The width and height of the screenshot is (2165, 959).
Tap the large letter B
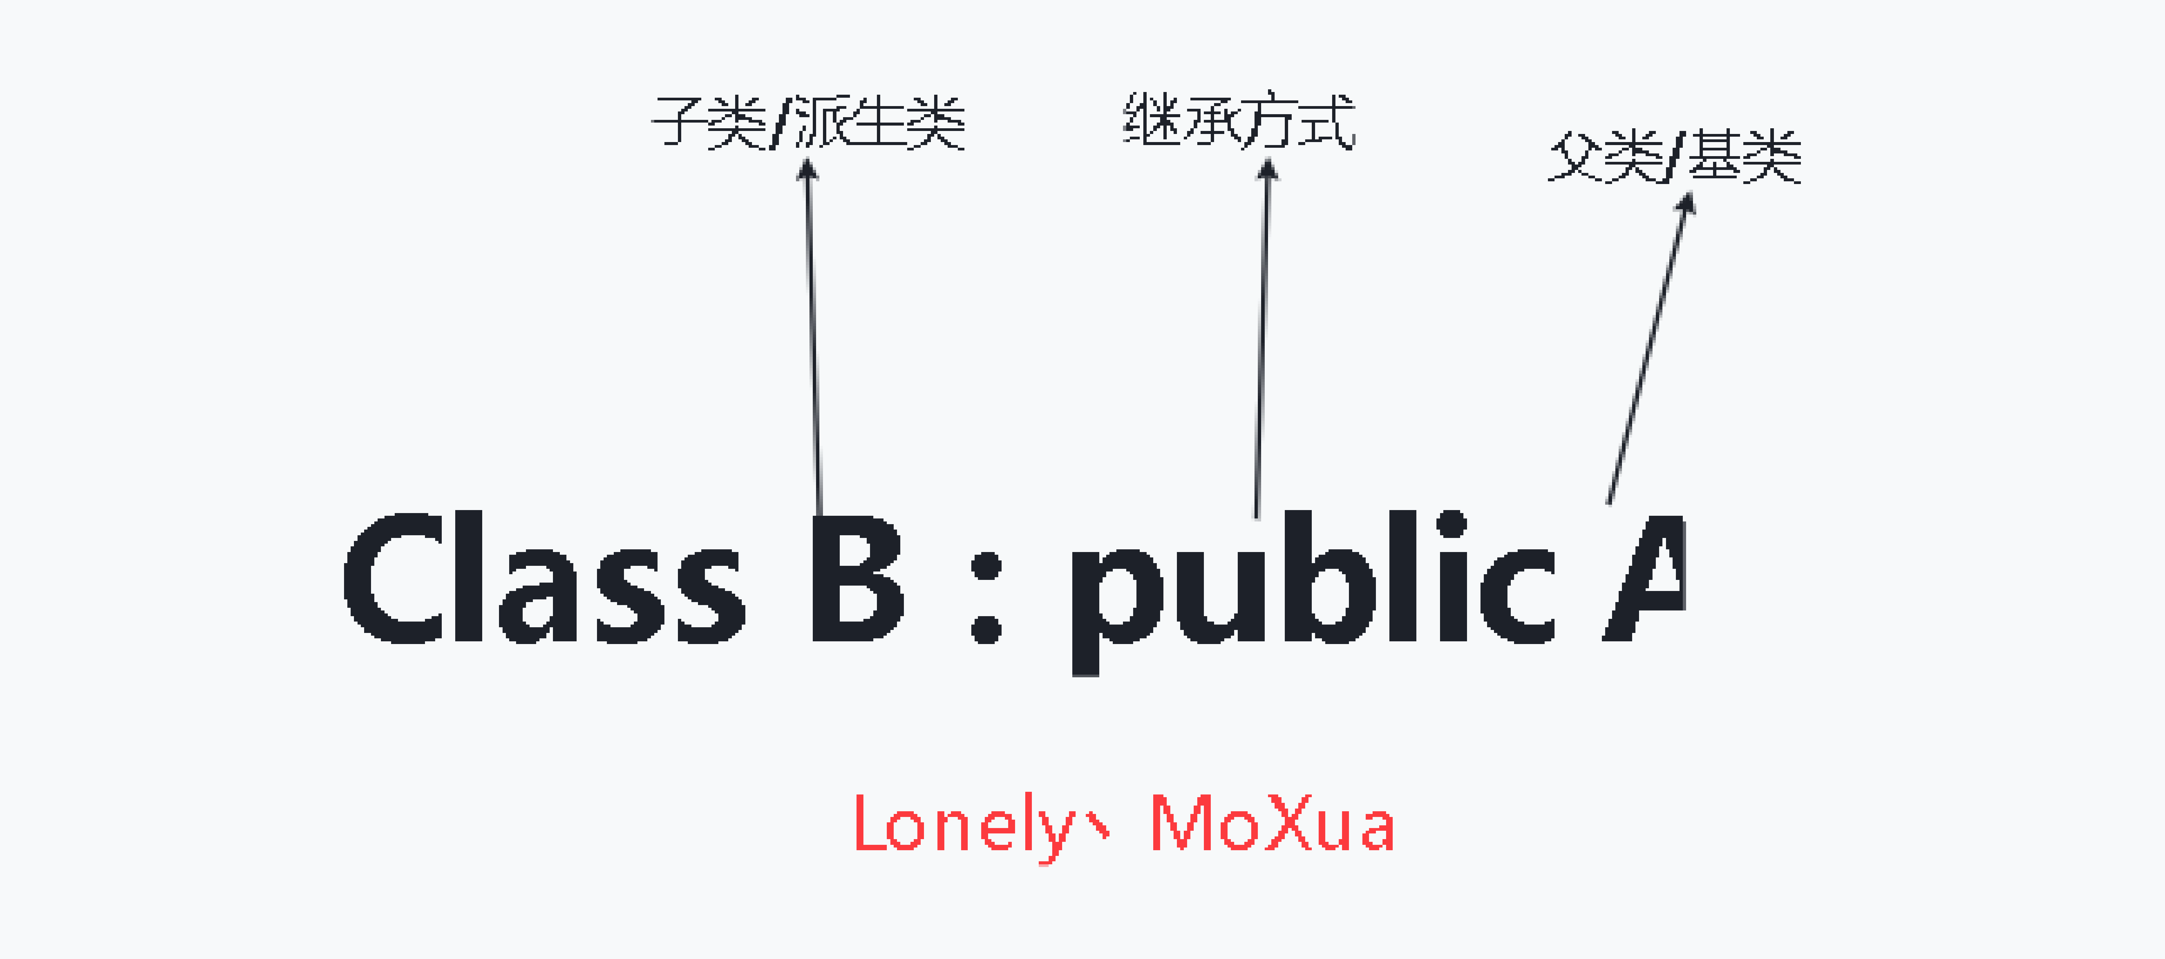(856, 578)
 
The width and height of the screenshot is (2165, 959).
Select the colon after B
(986, 597)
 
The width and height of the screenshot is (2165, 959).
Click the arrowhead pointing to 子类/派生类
(807, 170)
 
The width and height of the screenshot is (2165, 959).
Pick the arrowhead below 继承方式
(1267, 170)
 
